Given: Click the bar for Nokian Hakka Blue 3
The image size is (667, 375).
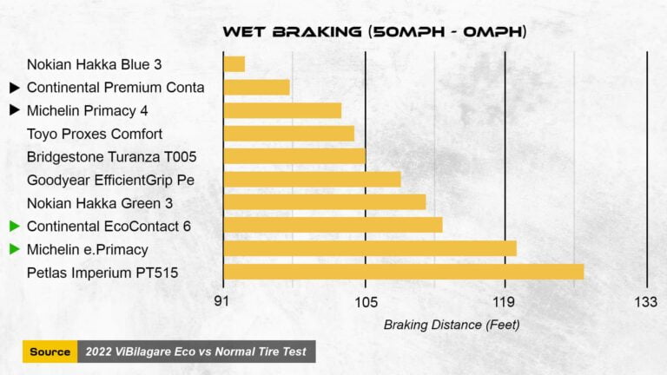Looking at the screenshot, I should click(234, 64).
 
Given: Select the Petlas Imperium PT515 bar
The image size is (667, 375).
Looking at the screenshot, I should click(403, 272).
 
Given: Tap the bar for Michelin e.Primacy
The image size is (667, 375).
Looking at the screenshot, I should click(370, 249).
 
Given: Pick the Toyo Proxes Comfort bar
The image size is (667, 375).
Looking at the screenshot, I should click(288, 134).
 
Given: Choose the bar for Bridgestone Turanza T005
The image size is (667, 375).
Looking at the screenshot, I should click(294, 156).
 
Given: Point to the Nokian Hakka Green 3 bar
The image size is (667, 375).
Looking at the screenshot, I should click(325, 202).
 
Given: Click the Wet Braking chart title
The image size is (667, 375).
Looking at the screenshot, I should click(374, 32).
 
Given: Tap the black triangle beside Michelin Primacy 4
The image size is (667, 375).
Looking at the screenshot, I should click(14, 110).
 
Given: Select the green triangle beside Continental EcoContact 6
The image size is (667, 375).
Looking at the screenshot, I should click(14, 226).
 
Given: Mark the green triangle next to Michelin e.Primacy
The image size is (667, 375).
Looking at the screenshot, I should click(14, 249).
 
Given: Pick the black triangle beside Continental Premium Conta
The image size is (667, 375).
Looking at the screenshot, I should click(14, 88).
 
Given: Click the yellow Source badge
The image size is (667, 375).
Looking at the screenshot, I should click(50, 352).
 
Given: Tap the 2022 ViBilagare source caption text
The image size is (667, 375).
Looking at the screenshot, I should click(195, 352).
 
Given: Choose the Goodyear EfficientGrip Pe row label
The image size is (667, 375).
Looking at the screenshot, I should click(110, 180).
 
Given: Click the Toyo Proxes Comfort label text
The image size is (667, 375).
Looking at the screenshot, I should click(95, 134).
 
